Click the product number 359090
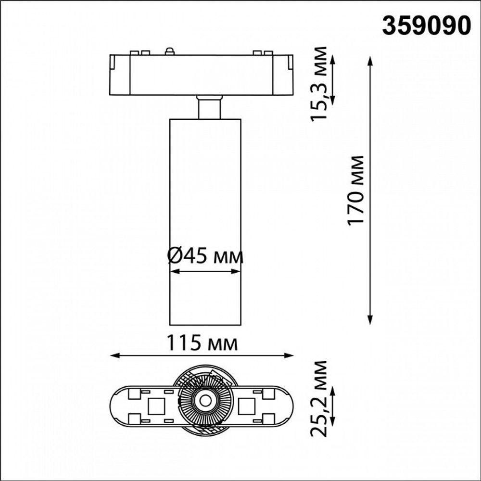click(426, 26)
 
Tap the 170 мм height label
click(356, 190)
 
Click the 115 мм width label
click(202, 343)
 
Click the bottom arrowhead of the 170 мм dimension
click(370, 321)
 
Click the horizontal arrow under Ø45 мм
click(205, 272)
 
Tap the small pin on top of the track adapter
click(169, 51)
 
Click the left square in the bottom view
click(156, 406)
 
